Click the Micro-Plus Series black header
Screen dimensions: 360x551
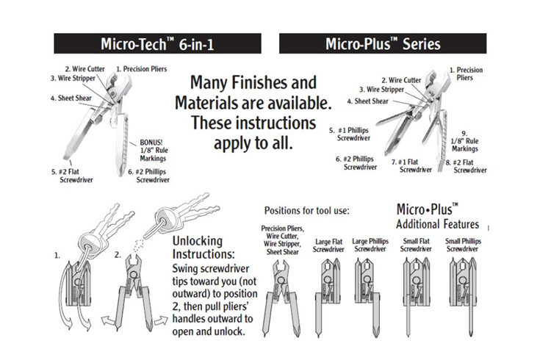pos(383,43)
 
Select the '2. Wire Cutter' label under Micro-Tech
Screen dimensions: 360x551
pos(85,69)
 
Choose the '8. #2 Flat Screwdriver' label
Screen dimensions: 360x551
pos(467,165)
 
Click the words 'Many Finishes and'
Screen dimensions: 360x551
pos(253,82)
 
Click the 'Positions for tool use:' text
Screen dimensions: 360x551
pos(307,211)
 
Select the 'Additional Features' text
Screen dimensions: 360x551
pos(437,223)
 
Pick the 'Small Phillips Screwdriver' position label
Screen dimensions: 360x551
pos(461,245)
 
